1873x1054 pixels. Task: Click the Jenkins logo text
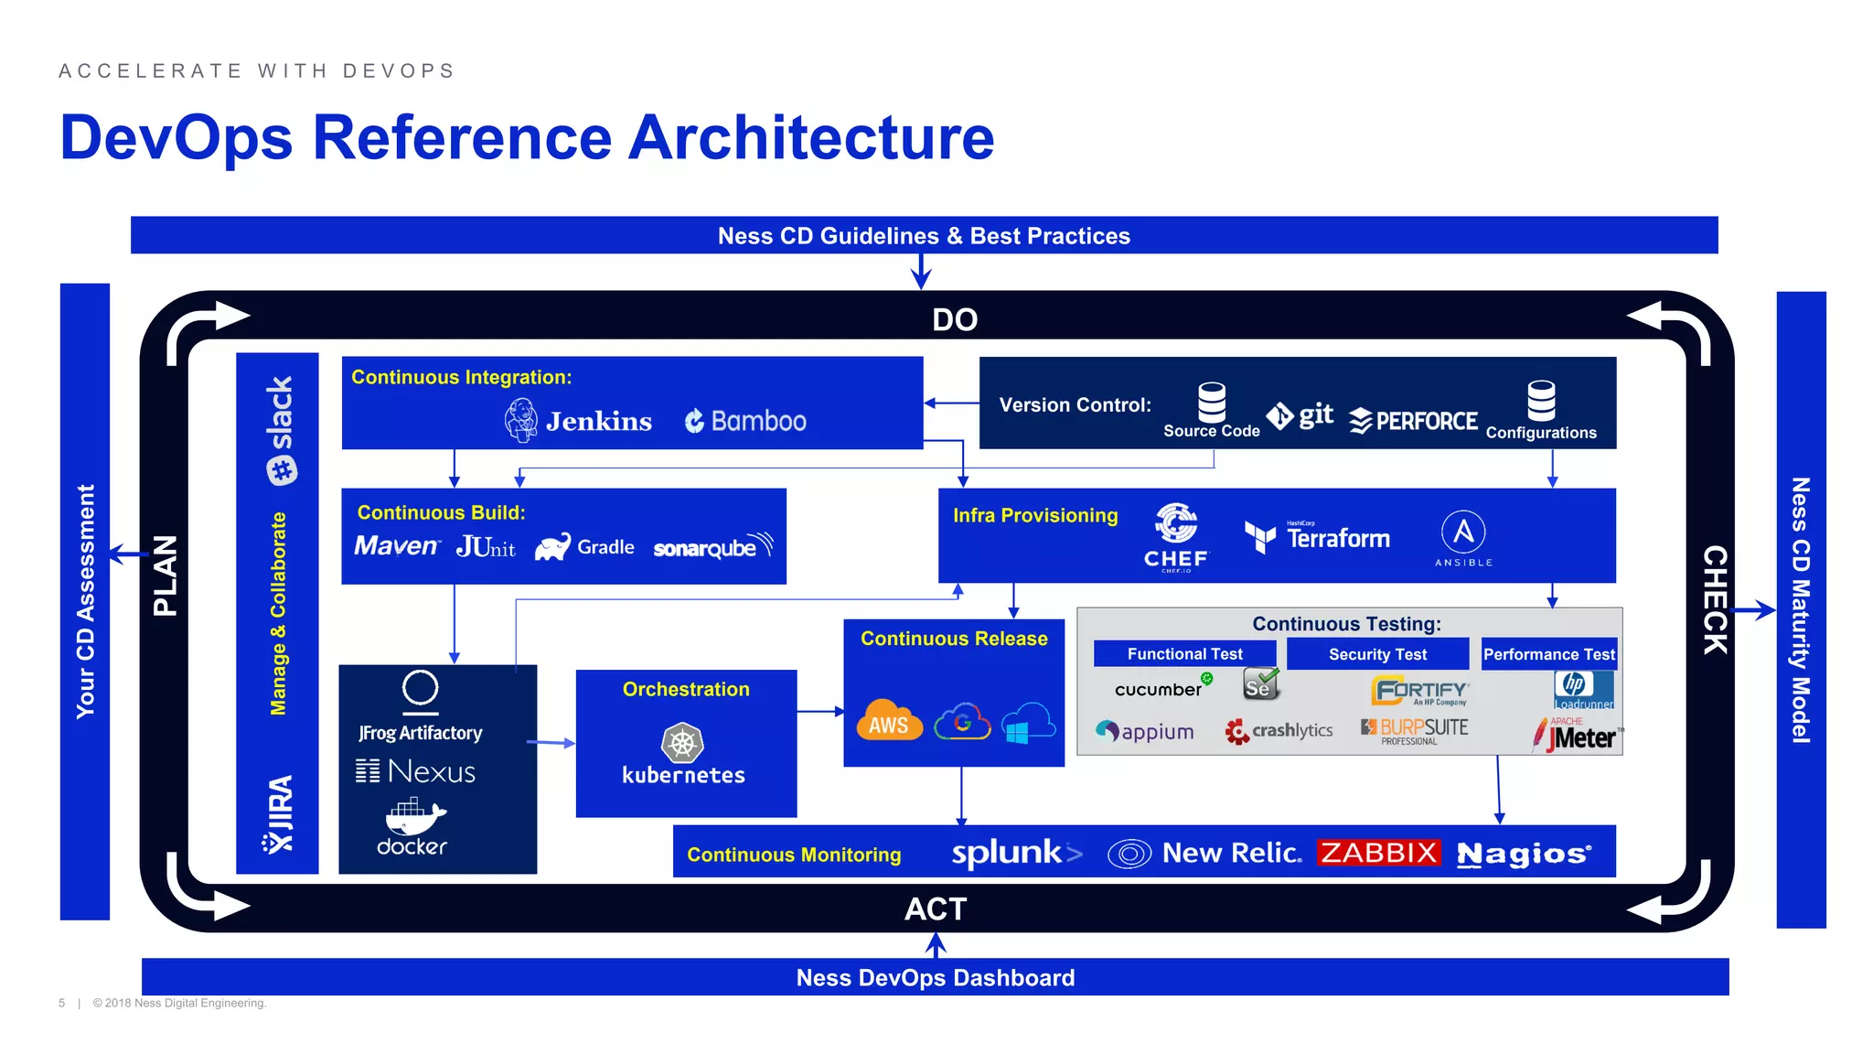tap(598, 421)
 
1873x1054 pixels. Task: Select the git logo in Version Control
tap(1300, 415)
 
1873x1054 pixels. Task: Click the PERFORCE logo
tap(1414, 421)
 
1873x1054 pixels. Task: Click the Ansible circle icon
tap(1463, 532)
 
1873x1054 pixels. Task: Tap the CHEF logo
tap(1176, 536)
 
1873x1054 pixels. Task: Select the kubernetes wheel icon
tap(682, 743)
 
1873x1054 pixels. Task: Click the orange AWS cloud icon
tap(889, 721)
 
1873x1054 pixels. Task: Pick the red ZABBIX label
tap(1378, 853)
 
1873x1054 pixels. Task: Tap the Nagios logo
tap(1524, 854)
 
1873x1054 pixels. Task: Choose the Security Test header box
tap(1377, 654)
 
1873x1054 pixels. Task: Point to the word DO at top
tap(955, 320)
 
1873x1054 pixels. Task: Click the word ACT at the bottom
tap(936, 909)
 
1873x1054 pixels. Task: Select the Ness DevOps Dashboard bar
tap(935, 977)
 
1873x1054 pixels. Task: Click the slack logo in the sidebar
tap(280, 430)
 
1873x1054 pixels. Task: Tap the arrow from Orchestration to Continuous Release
tap(819, 711)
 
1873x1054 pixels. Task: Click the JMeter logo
tap(1579, 736)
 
